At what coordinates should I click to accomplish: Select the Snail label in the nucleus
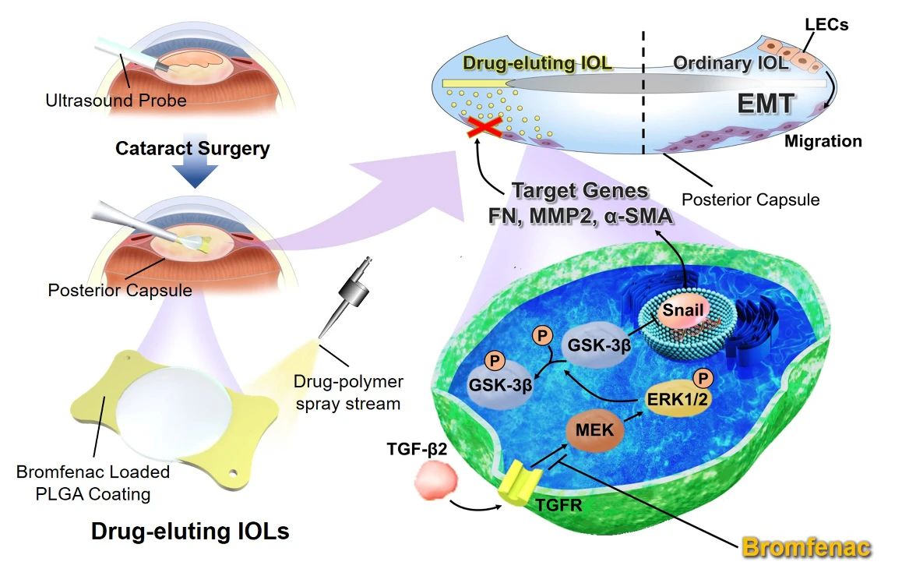coord(683,309)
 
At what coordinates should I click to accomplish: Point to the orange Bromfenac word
coord(805,547)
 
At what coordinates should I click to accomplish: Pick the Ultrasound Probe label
coord(115,100)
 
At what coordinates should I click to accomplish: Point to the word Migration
coord(823,141)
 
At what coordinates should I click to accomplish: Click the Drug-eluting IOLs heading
coord(190,532)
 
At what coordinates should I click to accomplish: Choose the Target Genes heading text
coord(580,190)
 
